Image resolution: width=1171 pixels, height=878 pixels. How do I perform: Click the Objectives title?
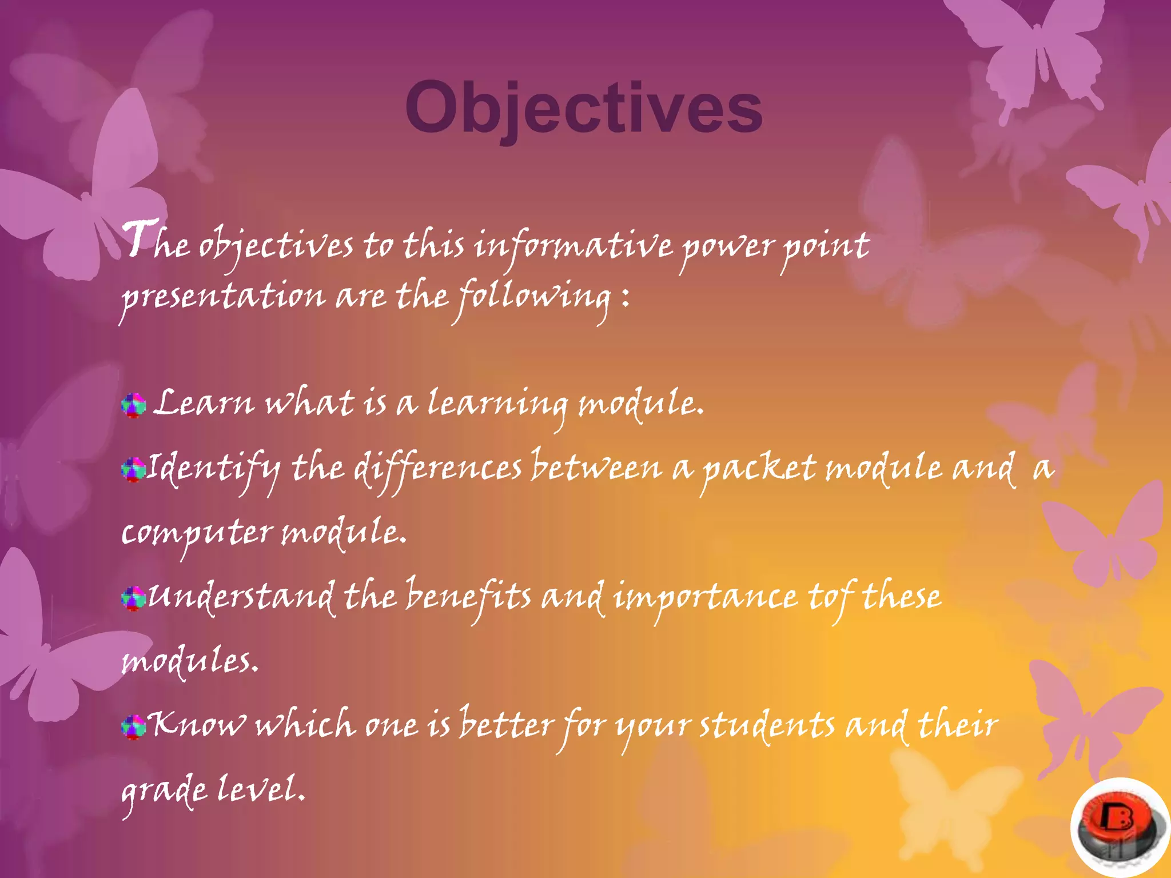[x=583, y=107]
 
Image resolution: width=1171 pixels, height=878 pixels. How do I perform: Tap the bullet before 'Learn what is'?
[x=134, y=405]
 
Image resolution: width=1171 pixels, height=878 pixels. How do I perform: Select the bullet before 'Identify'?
[x=133, y=470]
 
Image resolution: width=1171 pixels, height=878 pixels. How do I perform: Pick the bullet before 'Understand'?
[x=133, y=598]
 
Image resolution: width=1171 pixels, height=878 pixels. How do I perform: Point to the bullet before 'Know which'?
[x=133, y=727]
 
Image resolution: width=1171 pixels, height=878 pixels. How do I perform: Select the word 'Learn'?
[x=204, y=403]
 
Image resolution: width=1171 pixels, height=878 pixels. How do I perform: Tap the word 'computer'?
[x=197, y=533]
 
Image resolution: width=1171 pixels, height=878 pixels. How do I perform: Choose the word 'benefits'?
[x=468, y=597]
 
